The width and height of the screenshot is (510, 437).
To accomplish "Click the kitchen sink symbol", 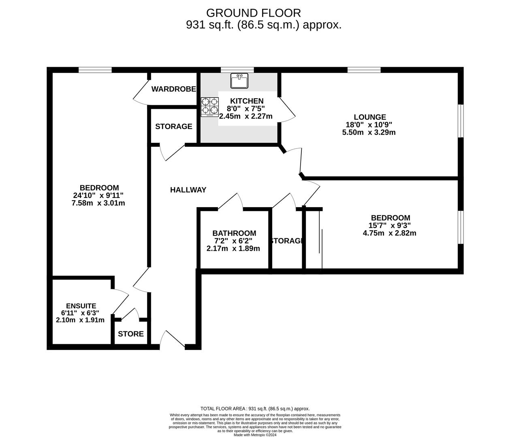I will tap(239, 81).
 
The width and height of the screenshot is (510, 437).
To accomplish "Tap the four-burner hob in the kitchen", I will tap(209, 106).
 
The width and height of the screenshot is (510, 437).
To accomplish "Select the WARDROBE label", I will tap(173, 89).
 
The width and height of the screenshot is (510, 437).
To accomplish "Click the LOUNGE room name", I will tap(369, 117).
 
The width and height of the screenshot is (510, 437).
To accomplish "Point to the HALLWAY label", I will tap(188, 190).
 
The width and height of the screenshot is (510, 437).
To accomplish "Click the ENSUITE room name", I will tap(81, 306).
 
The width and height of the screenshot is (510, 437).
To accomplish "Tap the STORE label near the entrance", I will tap(131, 334).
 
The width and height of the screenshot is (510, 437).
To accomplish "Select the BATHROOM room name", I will tap(234, 233).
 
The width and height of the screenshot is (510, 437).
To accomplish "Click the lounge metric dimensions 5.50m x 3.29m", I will tap(369, 132).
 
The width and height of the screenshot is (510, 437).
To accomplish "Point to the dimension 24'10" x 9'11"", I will tap(98, 195).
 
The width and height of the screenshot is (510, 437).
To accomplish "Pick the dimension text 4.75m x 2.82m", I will tap(390, 233).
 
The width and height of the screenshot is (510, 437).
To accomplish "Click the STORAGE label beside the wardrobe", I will tap(173, 127).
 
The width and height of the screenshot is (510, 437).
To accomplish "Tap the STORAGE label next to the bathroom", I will tap(287, 241).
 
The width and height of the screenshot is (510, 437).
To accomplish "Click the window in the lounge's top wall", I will tap(364, 70).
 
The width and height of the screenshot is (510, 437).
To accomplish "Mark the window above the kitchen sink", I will tap(237, 70).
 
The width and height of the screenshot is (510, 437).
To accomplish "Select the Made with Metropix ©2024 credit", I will tap(255, 435).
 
